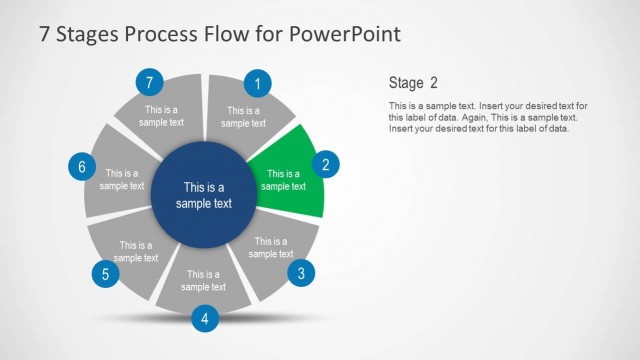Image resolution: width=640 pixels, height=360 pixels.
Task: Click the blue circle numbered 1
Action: [258, 84]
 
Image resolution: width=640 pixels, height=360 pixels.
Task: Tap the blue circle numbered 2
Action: [325, 166]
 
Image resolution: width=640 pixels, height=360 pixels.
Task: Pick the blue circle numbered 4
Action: [204, 319]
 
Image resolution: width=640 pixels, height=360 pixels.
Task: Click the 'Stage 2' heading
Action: [412, 82]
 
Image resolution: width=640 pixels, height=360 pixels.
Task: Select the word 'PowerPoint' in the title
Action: [343, 33]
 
